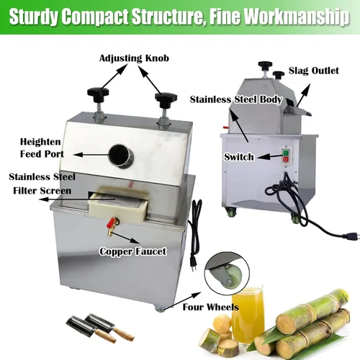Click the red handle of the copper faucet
click(112, 222)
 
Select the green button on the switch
click(286, 153)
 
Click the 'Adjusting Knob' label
click(134, 58)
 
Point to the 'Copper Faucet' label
click(133, 251)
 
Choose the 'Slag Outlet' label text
click(314, 71)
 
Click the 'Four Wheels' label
click(211, 307)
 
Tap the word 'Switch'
click(239, 157)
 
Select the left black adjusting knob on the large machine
click(98, 94)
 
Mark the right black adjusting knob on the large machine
click(166, 99)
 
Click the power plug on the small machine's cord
click(352, 236)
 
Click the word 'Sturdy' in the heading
click(34, 17)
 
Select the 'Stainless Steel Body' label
click(236, 100)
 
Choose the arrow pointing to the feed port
click(91, 155)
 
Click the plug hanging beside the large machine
click(194, 264)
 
